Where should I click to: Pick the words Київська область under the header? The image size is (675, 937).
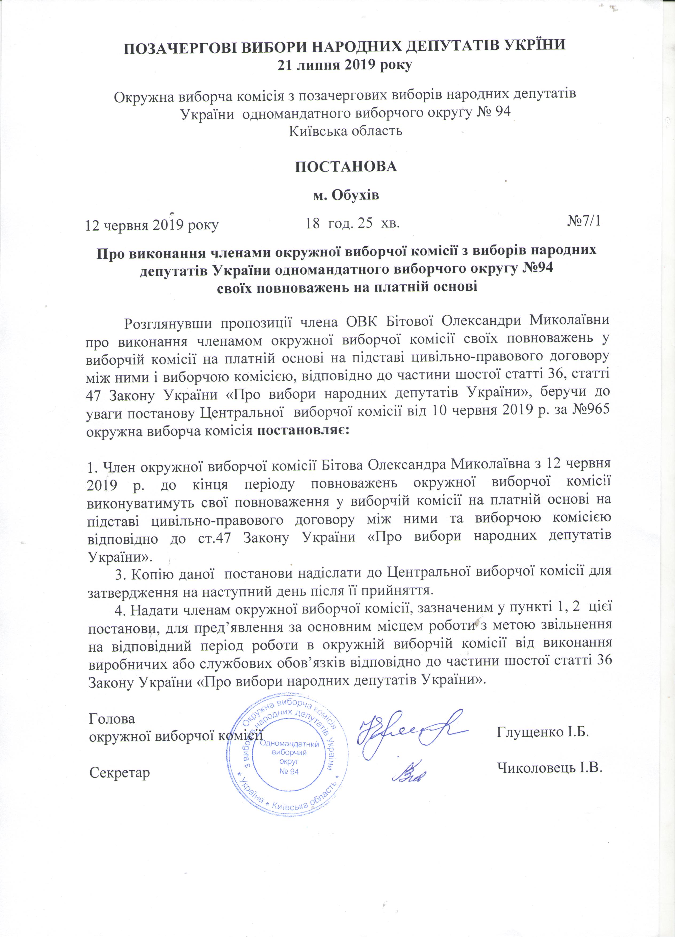point(346,131)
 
